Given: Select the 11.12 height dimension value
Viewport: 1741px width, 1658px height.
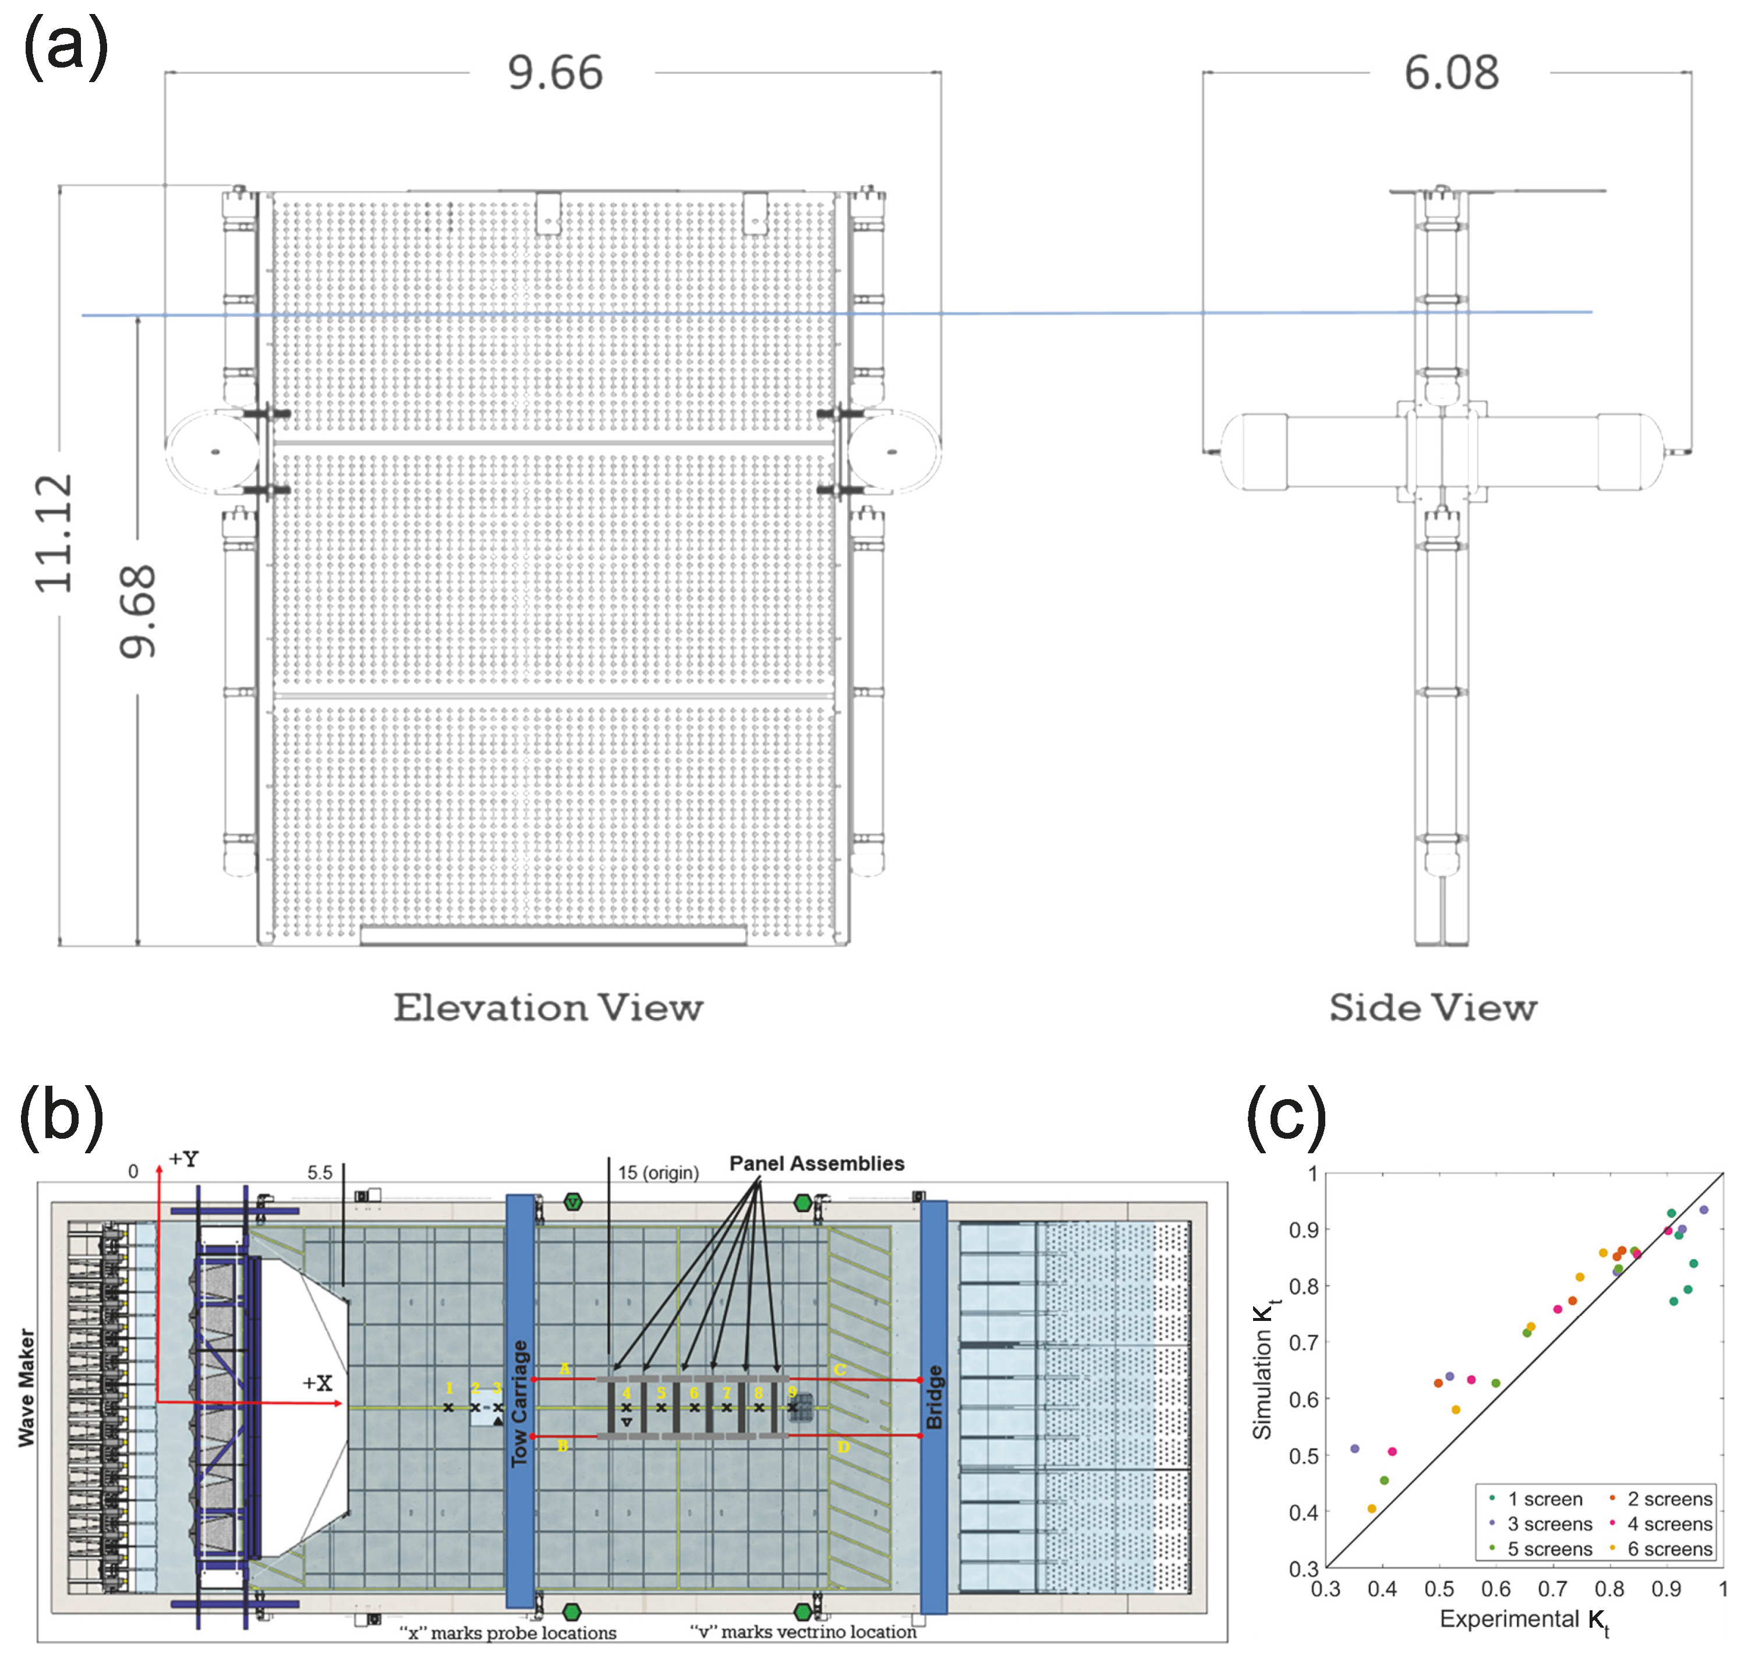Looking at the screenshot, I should [x=53, y=533].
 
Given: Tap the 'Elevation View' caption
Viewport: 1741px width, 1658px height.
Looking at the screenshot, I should [x=548, y=1008].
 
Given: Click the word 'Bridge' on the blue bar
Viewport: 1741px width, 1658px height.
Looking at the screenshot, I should [x=934, y=1397].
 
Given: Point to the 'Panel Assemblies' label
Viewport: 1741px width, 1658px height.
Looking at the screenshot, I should [x=816, y=1164].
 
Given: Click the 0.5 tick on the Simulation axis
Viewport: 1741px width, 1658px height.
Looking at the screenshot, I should [x=1306, y=1455].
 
